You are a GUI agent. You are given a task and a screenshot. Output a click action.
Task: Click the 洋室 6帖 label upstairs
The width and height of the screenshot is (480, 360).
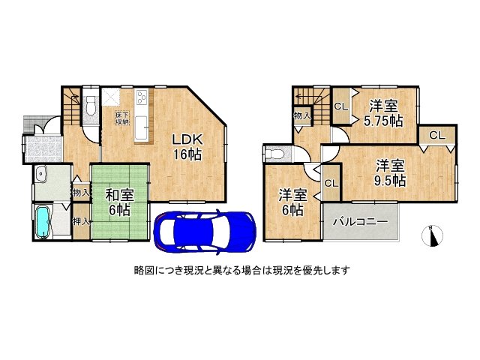292,202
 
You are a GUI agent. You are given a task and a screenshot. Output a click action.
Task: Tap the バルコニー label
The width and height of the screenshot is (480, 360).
360,223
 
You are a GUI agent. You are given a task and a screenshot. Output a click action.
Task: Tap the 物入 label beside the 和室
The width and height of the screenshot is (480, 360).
81,193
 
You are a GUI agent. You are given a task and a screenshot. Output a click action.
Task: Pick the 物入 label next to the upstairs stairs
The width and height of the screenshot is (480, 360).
301,116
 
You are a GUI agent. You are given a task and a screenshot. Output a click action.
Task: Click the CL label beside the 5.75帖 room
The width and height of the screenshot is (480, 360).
340,106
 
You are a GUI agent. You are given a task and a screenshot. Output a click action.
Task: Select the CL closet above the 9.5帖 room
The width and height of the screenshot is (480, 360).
437,135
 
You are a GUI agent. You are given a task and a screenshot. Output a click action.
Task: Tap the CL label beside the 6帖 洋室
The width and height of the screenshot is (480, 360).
331,182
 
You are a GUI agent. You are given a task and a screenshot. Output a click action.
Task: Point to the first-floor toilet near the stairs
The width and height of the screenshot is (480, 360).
90,106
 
